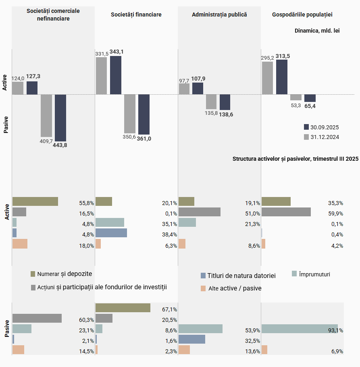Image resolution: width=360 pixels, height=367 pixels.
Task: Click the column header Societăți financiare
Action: pyautogui.click(x=136, y=15)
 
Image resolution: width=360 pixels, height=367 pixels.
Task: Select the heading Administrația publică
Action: pyautogui.click(x=219, y=15)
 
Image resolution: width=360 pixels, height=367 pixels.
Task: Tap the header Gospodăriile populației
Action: pyautogui.click(x=302, y=15)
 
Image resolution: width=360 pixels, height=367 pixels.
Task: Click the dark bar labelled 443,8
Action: pyautogui.click(x=60, y=118)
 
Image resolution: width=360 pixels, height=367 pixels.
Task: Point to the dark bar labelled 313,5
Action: pyautogui.click(x=282, y=77)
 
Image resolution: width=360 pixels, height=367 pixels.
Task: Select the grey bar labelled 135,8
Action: pyautogui.click(x=211, y=102)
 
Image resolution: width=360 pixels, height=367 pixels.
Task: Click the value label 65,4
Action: pyautogui.click(x=310, y=106)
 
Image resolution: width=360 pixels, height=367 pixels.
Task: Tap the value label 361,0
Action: pyautogui.click(x=144, y=139)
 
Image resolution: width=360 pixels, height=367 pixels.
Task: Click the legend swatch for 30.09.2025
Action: pyautogui.click(x=306, y=127)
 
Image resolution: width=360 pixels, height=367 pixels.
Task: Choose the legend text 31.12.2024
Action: pyautogui.click(x=325, y=137)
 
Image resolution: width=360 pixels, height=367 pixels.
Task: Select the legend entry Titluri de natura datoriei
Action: pyautogui.click(x=241, y=276)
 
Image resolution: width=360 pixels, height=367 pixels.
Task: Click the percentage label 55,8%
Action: pyautogui.click(x=86, y=203)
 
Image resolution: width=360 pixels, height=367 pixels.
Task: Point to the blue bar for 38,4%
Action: pyautogui.click(x=111, y=233)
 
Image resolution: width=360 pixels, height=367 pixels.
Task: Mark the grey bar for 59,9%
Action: pyautogui.click(x=286, y=212)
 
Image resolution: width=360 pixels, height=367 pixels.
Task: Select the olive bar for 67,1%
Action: pyautogui.click(x=123, y=308)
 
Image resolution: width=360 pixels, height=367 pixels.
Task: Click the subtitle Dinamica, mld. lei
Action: pyautogui.click(x=317, y=30)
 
